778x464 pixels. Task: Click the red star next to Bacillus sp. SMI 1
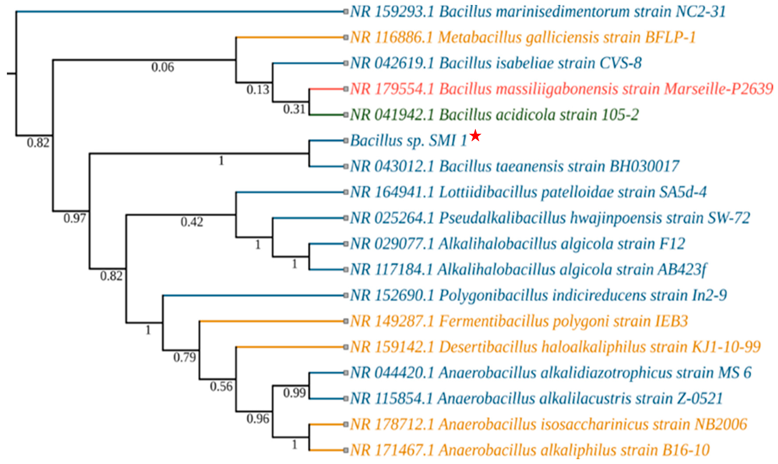click(x=475, y=136)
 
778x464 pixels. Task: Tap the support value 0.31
click(x=294, y=109)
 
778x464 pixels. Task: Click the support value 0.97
click(x=74, y=218)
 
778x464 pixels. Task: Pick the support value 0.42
click(x=192, y=222)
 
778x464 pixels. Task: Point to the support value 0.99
click(x=294, y=393)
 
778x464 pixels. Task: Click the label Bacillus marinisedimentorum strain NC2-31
click(x=537, y=12)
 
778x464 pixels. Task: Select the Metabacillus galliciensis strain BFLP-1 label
click(x=522, y=38)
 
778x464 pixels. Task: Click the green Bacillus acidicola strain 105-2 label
click(x=494, y=115)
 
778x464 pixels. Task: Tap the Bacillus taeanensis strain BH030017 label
click(x=515, y=166)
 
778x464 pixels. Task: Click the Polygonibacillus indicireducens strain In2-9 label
click(x=538, y=295)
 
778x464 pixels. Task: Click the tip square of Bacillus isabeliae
click(x=346, y=63)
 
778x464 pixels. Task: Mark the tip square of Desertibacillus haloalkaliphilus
click(x=346, y=347)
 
